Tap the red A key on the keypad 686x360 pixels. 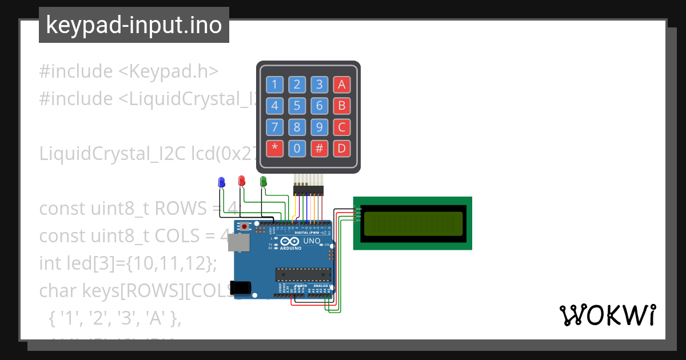point(342,85)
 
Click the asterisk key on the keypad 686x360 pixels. point(275,148)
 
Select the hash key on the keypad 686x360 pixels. point(320,148)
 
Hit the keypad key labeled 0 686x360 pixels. point(297,148)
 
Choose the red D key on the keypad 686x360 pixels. point(342,148)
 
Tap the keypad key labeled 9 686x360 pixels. point(320,127)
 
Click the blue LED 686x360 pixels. point(221,182)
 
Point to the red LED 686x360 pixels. point(242,181)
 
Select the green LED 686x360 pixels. point(264,181)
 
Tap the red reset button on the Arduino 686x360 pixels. point(245,227)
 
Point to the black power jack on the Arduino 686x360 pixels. point(241,287)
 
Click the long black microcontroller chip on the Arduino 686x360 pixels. point(304,275)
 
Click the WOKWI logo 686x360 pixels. point(607,315)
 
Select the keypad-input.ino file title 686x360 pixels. point(134,25)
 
